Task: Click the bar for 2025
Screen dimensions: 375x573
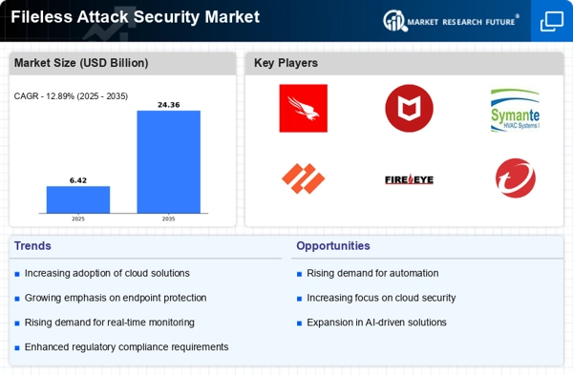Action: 78,199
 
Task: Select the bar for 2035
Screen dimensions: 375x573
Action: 169,161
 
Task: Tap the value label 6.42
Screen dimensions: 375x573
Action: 78,179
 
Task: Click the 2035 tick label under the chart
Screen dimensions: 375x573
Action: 169,219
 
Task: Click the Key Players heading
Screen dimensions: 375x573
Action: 286,63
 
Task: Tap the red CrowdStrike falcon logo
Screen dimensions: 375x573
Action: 303,108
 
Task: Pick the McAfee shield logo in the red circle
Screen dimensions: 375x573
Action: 409,108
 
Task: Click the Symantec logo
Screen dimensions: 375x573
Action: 515,109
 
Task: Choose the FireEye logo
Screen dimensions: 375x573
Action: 409,178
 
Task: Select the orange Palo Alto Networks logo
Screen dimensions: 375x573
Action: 303,178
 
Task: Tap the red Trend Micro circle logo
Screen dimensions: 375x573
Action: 516,178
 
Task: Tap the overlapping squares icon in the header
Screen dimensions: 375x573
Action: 551,20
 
